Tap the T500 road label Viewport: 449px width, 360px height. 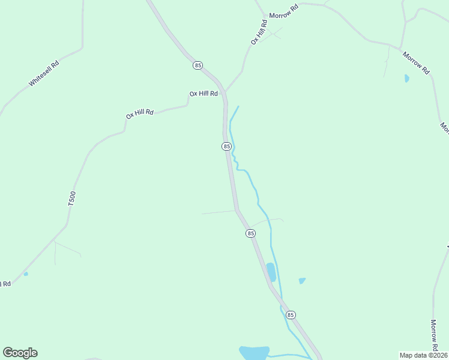[72, 199]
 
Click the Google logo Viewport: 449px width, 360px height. [20, 353]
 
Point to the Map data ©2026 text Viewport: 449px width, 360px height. [423, 355]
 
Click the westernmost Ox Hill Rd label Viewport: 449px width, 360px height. [140, 113]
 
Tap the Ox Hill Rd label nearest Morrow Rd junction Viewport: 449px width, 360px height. [258, 32]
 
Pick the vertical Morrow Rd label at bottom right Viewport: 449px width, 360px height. [434, 335]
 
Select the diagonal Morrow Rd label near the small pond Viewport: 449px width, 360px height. [417, 62]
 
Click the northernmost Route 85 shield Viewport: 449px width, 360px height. [198, 65]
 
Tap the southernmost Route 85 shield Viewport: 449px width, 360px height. [291, 315]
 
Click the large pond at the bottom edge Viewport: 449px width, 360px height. [254, 352]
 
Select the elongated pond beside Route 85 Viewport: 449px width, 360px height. [271, 272]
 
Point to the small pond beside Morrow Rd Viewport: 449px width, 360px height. [406, 78]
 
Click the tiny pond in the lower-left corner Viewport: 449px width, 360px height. [26, 274]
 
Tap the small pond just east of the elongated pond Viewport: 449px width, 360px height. [302, 280]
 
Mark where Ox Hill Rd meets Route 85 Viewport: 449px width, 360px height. [224, 92]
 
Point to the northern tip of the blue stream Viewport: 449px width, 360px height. [238, 107]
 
